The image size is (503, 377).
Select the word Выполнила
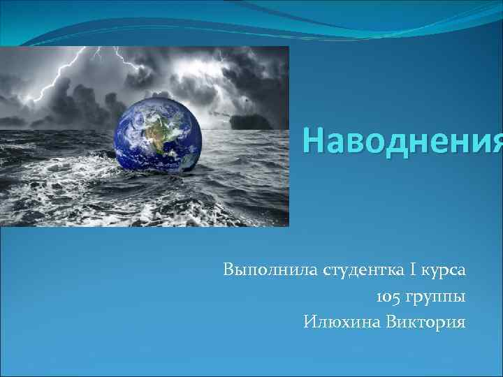coord(270,269)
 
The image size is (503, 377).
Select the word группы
coord(437,297)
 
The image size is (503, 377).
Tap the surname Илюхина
coord(339,322)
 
